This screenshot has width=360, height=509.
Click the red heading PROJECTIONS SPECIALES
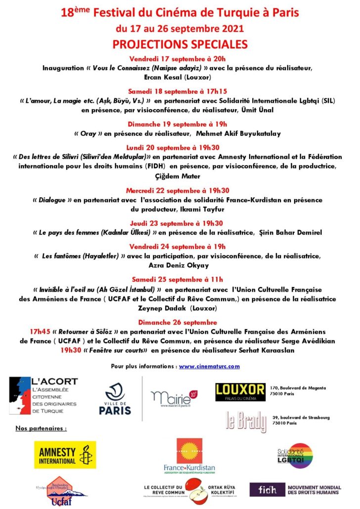point(180,44)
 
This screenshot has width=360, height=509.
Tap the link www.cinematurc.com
point(209,366)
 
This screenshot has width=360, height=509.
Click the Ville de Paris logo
point(115,399)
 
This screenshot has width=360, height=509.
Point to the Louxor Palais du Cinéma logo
point(240,392)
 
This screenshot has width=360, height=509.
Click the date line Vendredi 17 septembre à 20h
point(180,59)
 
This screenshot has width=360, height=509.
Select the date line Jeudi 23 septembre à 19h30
point(180,223)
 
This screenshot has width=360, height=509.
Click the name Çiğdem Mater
point(180,176)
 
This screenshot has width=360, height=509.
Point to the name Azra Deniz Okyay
point(180,265)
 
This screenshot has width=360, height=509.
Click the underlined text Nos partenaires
point(41,427)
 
